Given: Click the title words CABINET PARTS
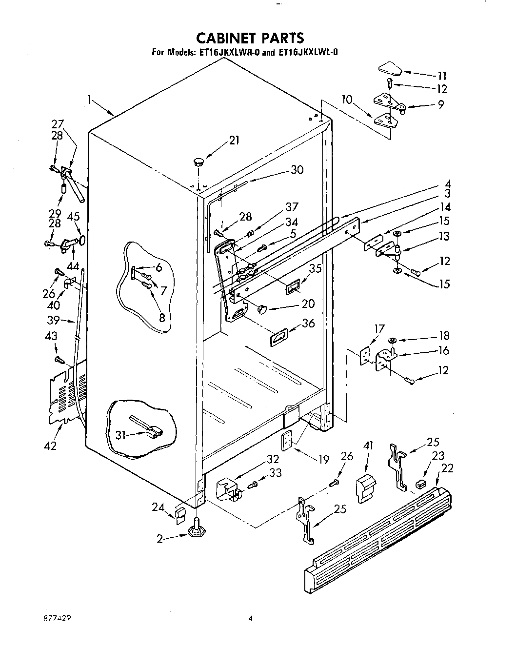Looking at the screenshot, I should click(250, 38).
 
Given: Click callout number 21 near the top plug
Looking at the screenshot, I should click(235, 141).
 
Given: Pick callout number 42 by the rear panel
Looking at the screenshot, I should click(50, 445).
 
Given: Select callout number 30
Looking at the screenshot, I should click(297, 169).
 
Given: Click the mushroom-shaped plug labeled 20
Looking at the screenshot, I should click(263, 309).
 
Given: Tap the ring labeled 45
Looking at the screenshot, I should click(83, 240).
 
